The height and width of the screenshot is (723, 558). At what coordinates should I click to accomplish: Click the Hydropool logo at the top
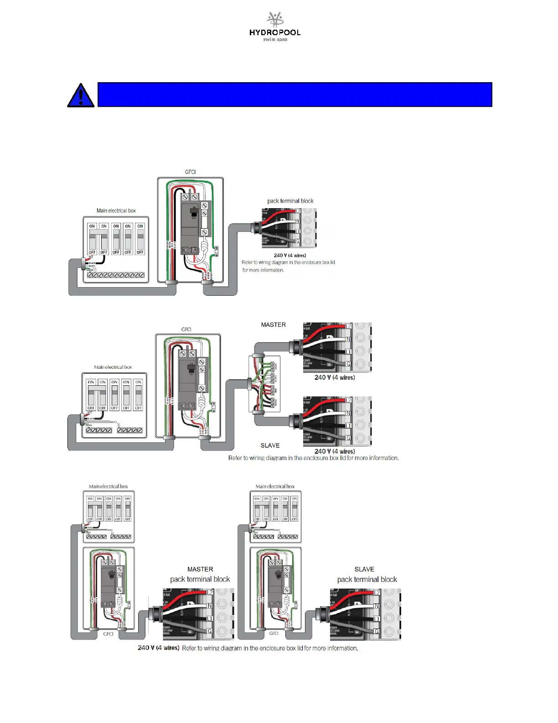pos(275,27)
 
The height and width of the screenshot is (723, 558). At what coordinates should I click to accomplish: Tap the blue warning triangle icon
pos(81,95)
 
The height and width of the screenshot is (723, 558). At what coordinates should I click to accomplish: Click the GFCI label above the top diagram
pos(190,172)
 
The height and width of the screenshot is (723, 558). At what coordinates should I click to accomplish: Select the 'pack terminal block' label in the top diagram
pos(290,201)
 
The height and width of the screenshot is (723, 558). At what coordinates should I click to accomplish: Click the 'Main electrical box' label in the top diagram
pos(116,210)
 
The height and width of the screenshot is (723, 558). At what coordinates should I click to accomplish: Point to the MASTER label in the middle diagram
pos(274,325)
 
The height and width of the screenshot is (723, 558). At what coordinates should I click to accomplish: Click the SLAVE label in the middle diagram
pos(270,445)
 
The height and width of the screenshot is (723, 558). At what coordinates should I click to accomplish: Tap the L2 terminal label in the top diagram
pos(298,211)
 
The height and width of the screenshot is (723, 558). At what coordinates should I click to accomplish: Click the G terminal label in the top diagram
pos(298,241)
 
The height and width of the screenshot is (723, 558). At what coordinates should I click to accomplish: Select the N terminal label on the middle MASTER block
pos(349,339)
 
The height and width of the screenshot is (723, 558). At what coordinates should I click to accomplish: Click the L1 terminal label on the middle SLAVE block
pos(348,425)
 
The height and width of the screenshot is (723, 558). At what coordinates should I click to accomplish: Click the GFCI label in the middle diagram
pos(186,329)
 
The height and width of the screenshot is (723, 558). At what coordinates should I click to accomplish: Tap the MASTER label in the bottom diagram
pos(200,569)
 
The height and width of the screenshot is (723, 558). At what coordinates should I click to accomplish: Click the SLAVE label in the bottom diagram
pos(364,569)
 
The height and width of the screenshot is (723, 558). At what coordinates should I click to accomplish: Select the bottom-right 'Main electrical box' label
pos(275,487)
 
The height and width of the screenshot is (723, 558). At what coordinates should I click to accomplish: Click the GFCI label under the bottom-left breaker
pos(108,634)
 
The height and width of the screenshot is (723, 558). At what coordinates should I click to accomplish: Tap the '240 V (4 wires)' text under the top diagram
pos(290,256)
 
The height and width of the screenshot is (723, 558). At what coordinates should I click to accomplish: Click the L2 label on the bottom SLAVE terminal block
pos(377,592)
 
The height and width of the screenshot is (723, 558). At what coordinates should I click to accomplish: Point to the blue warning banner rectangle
pos(294,94)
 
